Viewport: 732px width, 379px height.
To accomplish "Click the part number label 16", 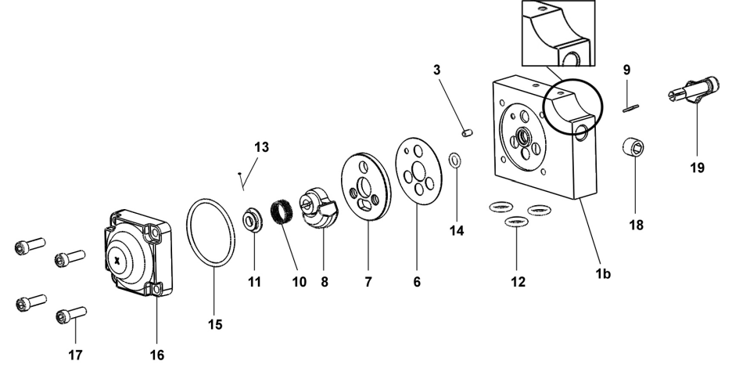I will pos(156,355).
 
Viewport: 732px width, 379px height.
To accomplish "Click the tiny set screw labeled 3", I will pos(466,133).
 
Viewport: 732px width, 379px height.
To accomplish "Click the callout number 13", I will pos(260,147).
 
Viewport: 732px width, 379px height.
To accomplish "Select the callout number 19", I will pos(697,167).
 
